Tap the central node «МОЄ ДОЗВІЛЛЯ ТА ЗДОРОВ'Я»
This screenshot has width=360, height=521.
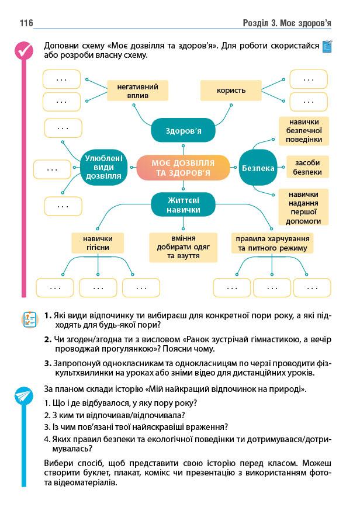coord(183,168)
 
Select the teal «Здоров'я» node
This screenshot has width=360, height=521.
coord(183,131)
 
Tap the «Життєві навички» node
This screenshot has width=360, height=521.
coord(183,205)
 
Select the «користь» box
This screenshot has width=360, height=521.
coord(231,90)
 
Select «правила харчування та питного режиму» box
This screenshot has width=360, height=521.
coord(272,243)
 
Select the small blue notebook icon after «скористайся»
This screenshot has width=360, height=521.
coord(327,46)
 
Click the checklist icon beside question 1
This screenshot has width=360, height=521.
coord(28,319)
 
